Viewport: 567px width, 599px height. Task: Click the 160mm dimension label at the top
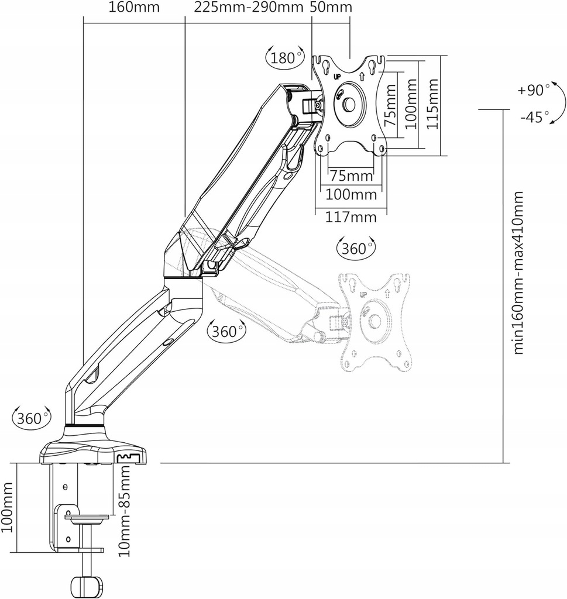point(134,8)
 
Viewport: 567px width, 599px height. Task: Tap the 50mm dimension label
point(331,8)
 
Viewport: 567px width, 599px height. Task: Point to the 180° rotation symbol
point(285,57)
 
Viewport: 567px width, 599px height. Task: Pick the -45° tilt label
point(532,116)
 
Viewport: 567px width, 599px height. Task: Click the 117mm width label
point(351,218)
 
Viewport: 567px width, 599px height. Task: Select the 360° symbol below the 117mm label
point(356,248)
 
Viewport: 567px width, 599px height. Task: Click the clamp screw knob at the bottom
point(86,585)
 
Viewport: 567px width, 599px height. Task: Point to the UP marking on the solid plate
point(337,76)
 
